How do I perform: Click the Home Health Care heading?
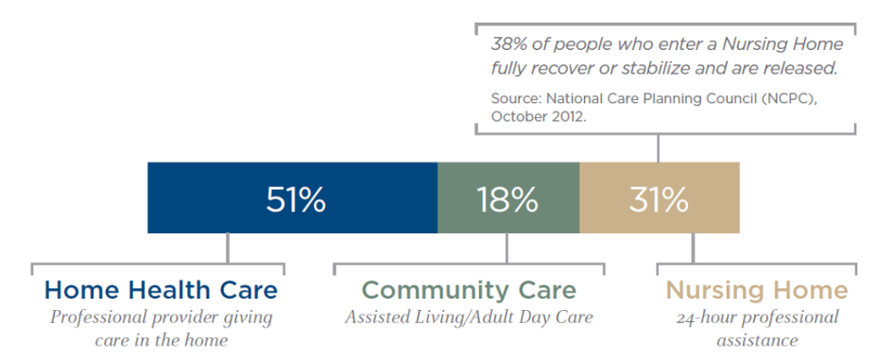162,290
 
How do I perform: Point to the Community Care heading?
470,290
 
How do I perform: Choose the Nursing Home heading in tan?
757,290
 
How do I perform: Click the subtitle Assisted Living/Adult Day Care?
469,317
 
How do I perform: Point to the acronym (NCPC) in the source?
799,98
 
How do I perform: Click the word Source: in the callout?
517,98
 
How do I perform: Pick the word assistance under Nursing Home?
757,341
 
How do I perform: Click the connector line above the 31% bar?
659,148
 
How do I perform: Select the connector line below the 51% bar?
228,248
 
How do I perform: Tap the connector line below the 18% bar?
507,248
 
